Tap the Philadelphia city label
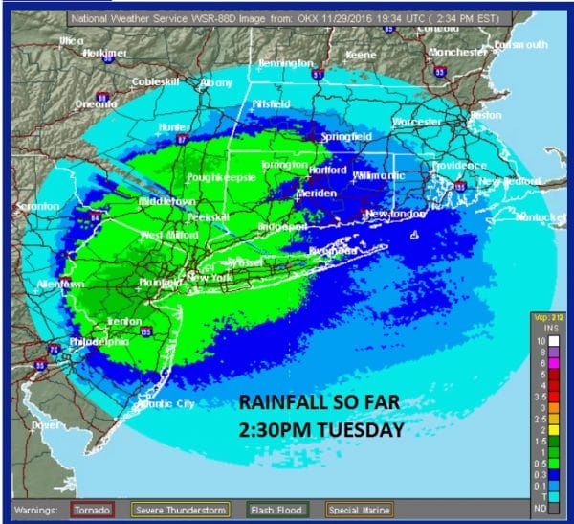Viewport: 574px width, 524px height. [x=99, y=340]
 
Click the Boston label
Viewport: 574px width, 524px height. [x=486, y=115]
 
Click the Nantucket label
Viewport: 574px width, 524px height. [x=537, y=217]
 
